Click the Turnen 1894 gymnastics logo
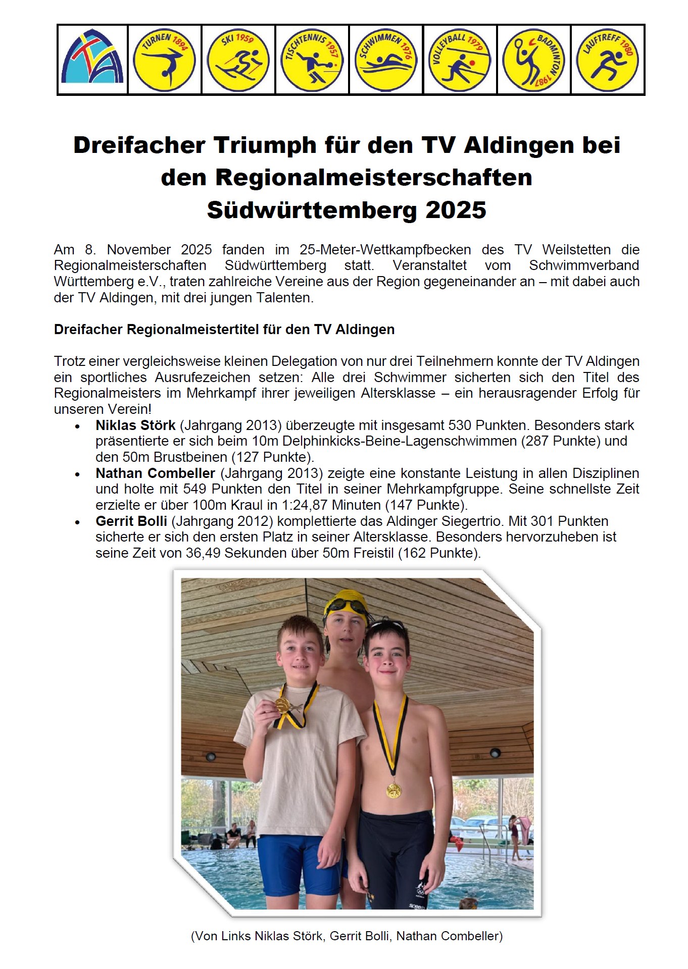click(x=164, y=60)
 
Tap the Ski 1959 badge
click(x=238, y=60)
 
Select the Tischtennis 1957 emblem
click(x=312, y=60)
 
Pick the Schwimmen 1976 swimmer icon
click(x=385, y=60)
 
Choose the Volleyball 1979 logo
click(x=459, y=60)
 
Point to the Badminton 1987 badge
click(x=533, y=60)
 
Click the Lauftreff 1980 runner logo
click(x=607, y=60)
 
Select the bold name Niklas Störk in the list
click(x=135, y=425)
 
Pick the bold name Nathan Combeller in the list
click(x=156, y=473)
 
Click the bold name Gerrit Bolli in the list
click(x=131, y=521)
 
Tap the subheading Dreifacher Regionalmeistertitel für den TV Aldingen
click(x=224, y=330)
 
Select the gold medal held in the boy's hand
click(x=282, y=705)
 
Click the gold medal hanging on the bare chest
click(x=394, y=790)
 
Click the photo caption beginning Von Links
click(x=347, y=936)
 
